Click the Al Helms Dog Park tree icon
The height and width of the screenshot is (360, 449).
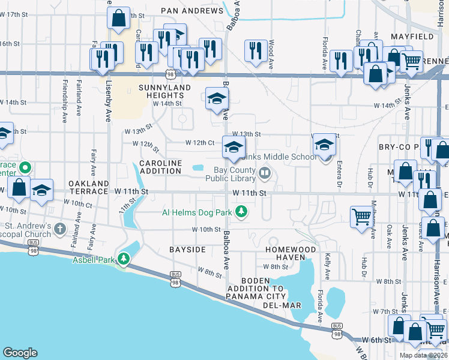click(241, 211)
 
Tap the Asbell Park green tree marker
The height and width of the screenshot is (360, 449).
click(124, 259)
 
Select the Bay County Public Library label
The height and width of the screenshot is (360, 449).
click(231, 174)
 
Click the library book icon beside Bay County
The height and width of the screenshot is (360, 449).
click(265, 174)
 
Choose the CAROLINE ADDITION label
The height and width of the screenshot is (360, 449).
click(160, 167)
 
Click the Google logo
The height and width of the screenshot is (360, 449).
click(20, 352)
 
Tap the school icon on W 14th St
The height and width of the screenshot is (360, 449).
click(217, 98)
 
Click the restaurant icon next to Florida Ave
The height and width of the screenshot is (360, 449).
click(340, 60)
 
